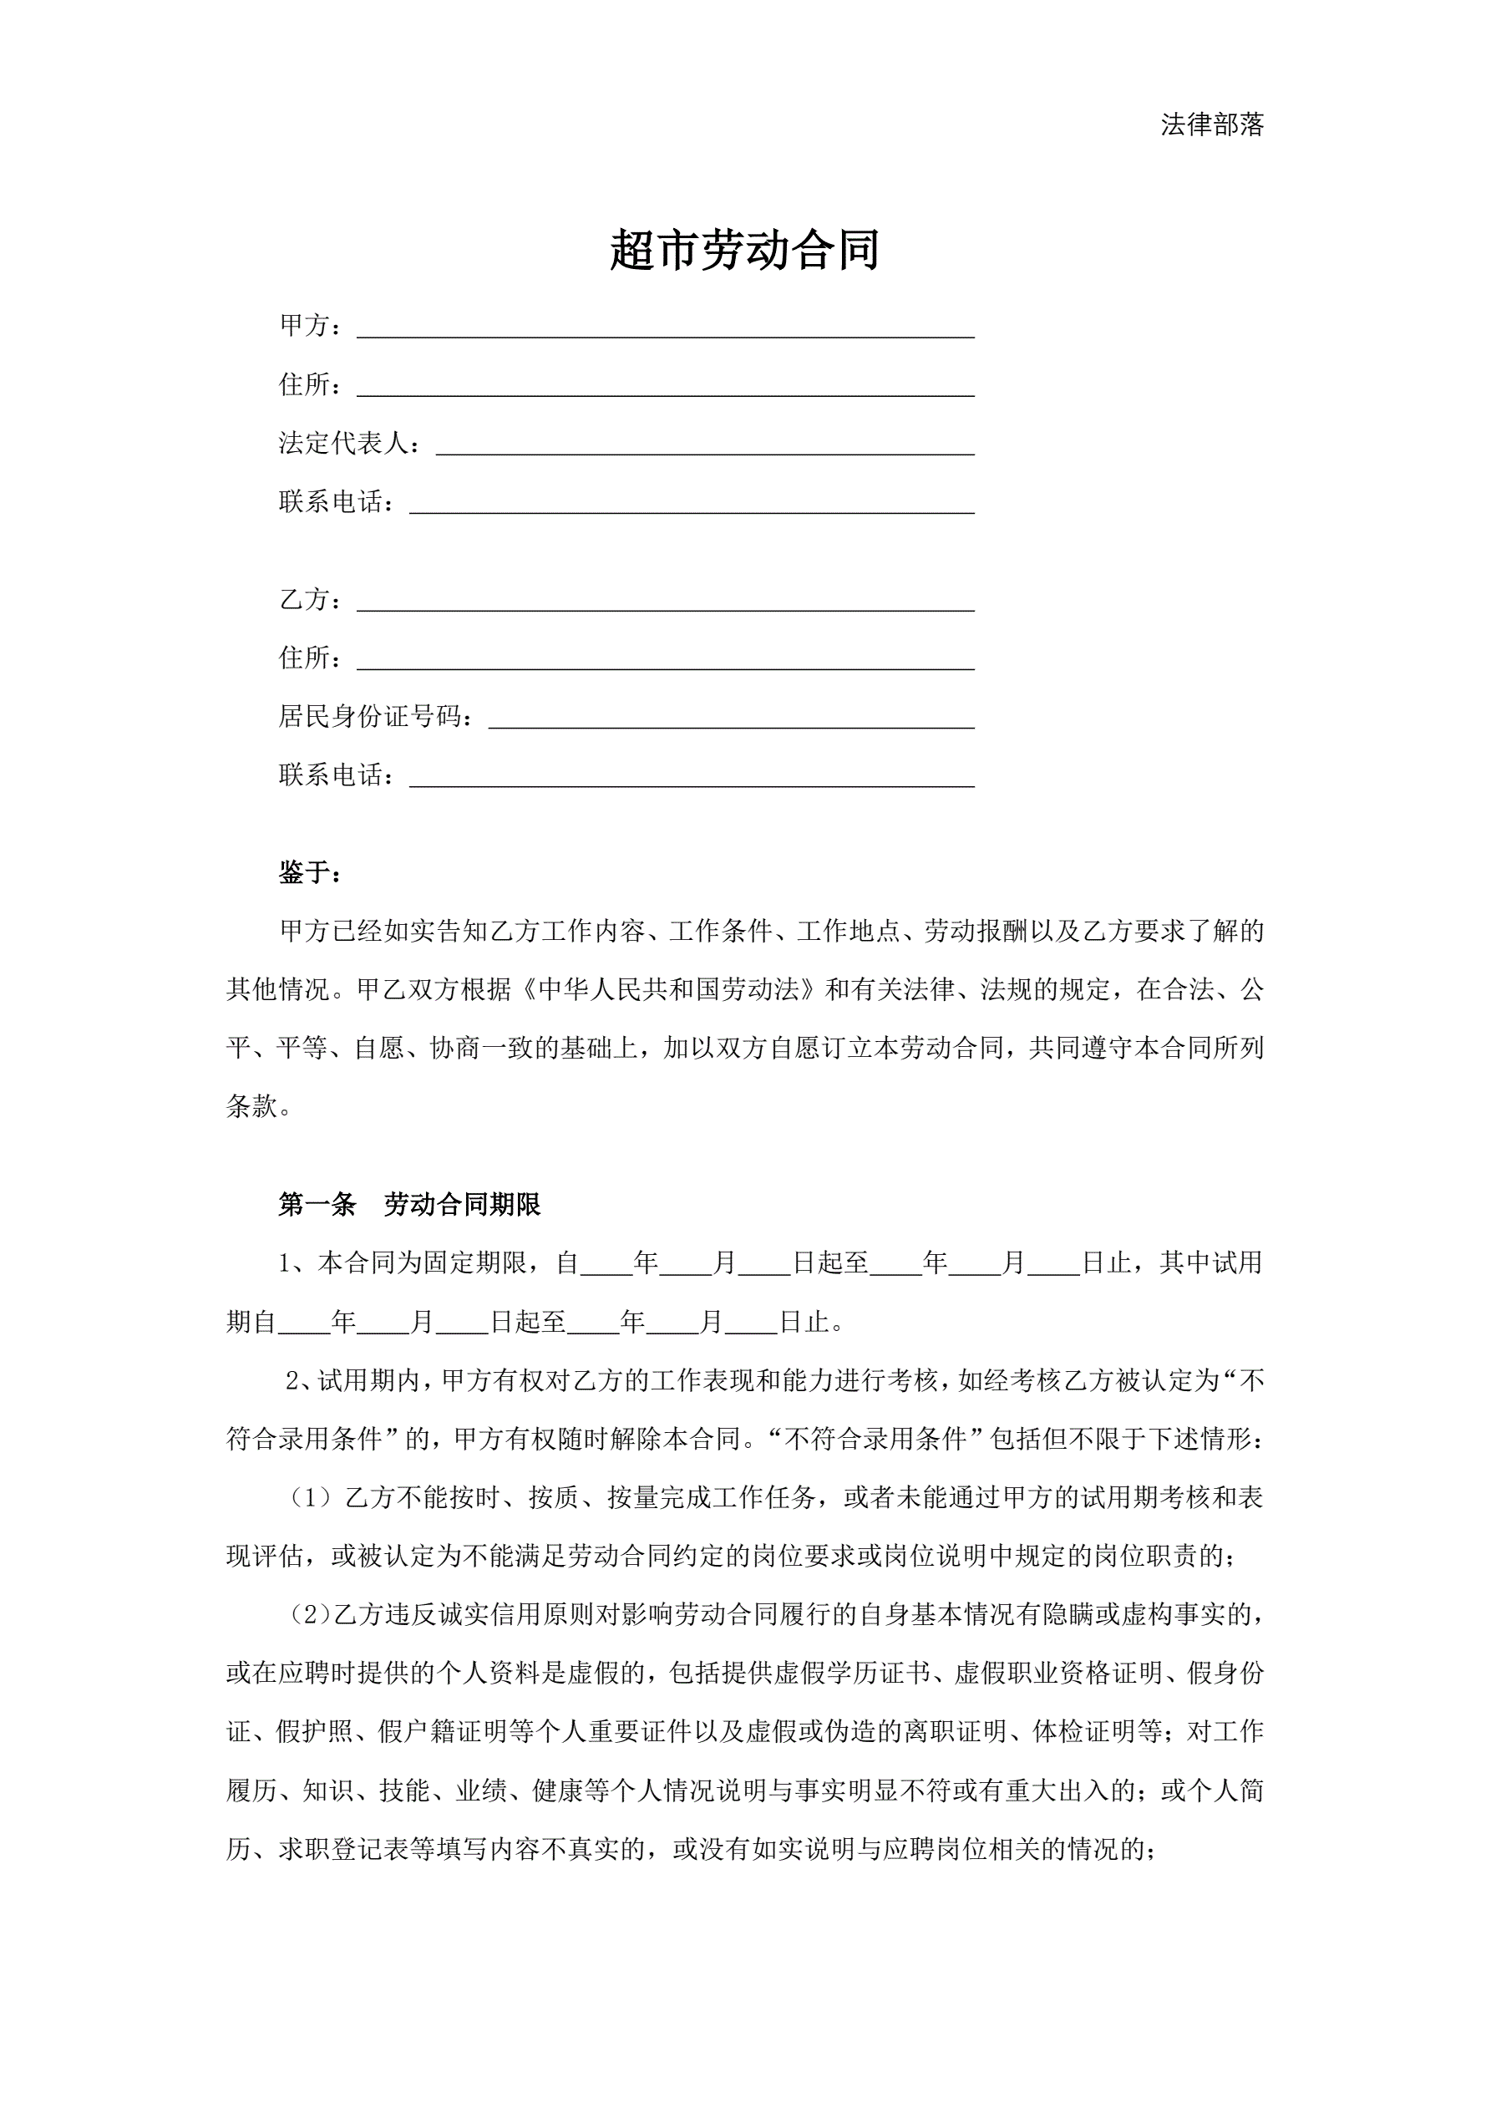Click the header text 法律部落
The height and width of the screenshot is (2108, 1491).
click(x=1211, y=124)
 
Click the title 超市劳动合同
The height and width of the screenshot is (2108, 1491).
click(x=744, y=250)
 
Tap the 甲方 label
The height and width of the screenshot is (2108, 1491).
click(x=304, y=326)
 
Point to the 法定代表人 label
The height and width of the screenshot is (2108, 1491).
click(x=343, y=444)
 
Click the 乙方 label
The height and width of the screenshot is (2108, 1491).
click(x=304, y=600)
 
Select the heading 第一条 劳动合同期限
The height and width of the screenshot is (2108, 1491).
click(x=409, y=1205)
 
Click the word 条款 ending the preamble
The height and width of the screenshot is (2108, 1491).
click(x=251, y=1106)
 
